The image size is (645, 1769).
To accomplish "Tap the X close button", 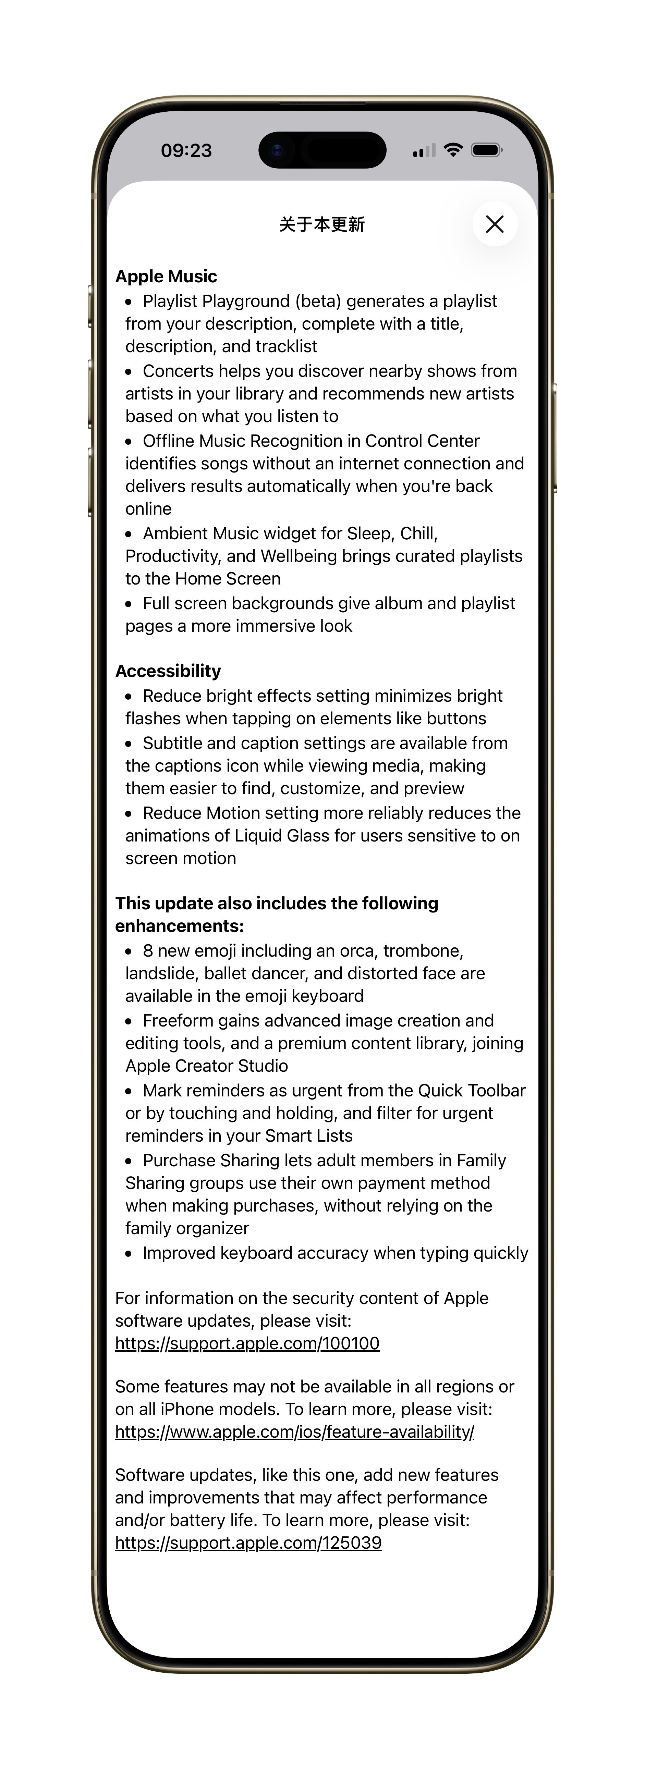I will click(x=495, y=224).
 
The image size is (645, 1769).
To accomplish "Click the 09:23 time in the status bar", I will click(x=186, y=150).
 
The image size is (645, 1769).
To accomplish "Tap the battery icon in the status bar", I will click(x=487, y=150).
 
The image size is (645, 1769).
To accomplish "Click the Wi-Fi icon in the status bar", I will click(x=453, y=150).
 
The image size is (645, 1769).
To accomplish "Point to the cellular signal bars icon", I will click(x=424, y=150).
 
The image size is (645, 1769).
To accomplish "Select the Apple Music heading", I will click(x=166, y=276).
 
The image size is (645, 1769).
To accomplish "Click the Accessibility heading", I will click(x=168, y=671).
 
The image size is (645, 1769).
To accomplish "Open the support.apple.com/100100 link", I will click(x=247, y=1343).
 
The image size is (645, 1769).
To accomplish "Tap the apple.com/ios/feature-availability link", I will click(x=295, y=1432).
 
